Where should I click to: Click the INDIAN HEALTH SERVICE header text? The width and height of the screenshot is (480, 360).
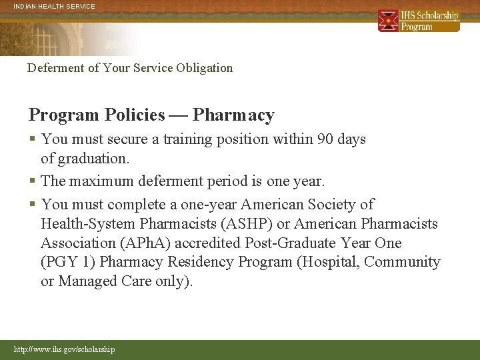55,6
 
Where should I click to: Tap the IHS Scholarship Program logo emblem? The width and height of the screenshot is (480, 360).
389,21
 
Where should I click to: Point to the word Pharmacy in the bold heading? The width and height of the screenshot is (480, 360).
233,115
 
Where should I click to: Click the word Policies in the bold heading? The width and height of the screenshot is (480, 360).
135,115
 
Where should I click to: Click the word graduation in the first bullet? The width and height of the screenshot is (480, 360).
91,159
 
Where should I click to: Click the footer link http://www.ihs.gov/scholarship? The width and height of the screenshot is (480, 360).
64,349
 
